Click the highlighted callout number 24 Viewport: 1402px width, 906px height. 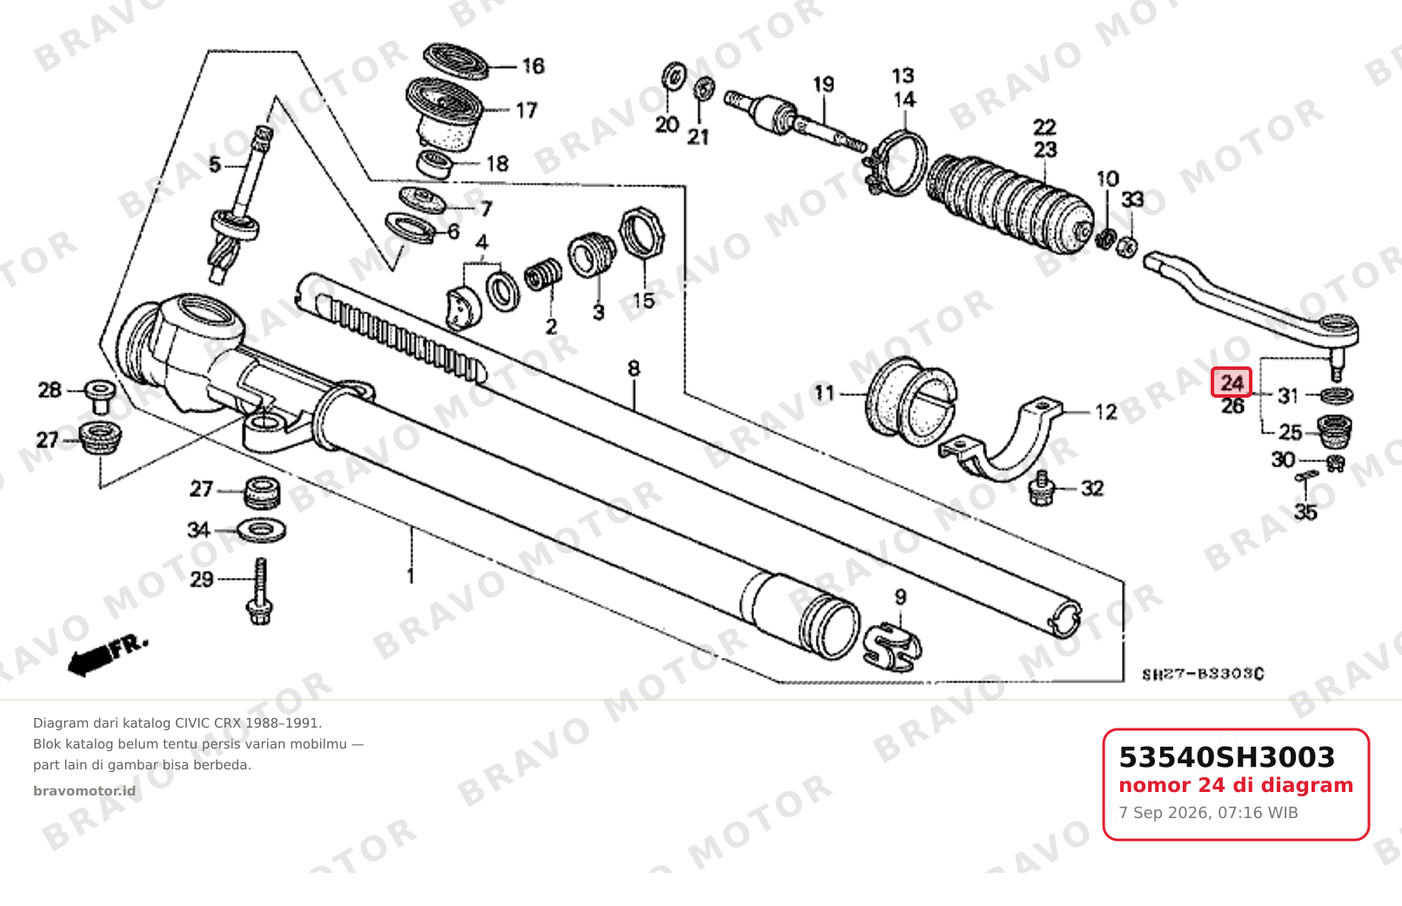coord(1232,382)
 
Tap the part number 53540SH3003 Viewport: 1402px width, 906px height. coord(1226,757)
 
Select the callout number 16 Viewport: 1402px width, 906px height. coord(533,66)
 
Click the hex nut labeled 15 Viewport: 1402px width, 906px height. coord(642,232)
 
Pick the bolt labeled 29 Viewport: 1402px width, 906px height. coord(260,591)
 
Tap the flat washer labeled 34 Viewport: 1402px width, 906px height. coord(261,530)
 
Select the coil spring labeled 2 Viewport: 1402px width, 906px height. coord(542,275)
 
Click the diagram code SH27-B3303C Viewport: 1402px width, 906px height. coord(1202,674)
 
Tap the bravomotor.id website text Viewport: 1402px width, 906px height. coord(84,791)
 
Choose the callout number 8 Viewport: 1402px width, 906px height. coord(633,368)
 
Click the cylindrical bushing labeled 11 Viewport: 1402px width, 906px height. coord(911,402)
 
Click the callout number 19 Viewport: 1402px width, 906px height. coord(824,84)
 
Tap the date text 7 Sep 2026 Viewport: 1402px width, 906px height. coord(1164,813)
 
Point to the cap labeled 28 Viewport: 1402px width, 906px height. coord(99,396)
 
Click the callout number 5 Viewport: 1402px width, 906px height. coord(215,164)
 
